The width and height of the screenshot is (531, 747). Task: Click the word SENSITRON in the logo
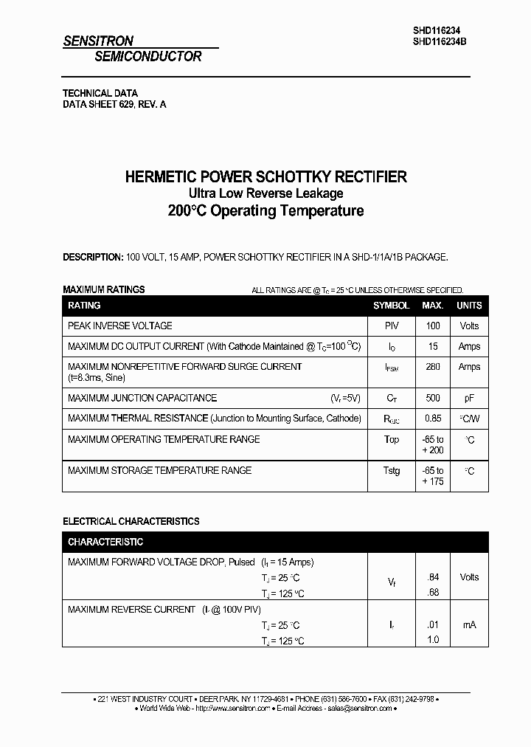[98, 42]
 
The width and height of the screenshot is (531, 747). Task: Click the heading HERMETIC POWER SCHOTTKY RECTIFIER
[265, 177]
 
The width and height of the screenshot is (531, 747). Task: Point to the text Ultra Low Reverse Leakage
[265, 193]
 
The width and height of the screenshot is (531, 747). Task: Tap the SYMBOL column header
[391, 306]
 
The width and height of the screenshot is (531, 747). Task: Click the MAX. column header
[433, 306]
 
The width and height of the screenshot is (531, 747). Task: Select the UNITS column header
[469, 306]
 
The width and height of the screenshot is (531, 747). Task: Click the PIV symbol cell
[391, 326]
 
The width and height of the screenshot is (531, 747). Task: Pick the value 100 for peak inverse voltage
[433, 326]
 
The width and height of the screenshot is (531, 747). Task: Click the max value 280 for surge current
[433, 367]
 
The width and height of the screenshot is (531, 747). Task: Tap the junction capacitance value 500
[433, 398]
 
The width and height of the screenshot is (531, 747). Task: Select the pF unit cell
[469, 398]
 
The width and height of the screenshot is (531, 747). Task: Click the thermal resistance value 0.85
[433, 419]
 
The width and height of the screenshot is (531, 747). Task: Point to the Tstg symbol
[391, 471]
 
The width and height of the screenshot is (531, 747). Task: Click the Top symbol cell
[391, 440]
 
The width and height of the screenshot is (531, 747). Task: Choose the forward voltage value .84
[433, 577]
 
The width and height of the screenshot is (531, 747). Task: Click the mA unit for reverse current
[469, 624]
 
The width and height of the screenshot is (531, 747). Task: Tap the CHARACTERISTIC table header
[105, 542]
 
